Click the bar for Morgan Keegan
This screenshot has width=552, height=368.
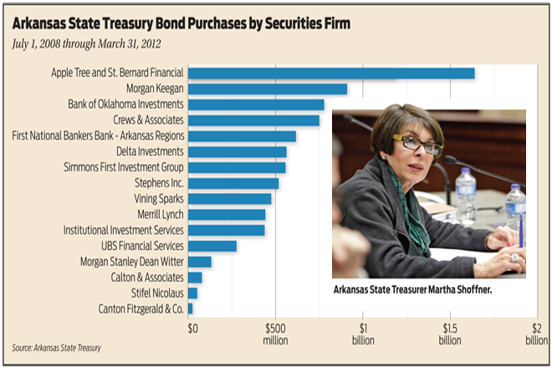coord(268,89)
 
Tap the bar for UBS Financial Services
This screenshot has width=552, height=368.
coord(212,246)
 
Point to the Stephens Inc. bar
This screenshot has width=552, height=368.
coord(233,183)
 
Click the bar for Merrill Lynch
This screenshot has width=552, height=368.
coord(227,214)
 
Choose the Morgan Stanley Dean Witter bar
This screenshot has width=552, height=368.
coord(200,262)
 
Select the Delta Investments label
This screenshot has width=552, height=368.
coord(150,151)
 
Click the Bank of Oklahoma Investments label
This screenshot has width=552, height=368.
coord(125,105)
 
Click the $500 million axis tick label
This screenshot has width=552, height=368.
coord(276,334)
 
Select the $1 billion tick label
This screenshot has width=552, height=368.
coord(362,334)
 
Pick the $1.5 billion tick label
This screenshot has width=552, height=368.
coord(449,334)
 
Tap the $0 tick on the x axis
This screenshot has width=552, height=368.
coord(192,328)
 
